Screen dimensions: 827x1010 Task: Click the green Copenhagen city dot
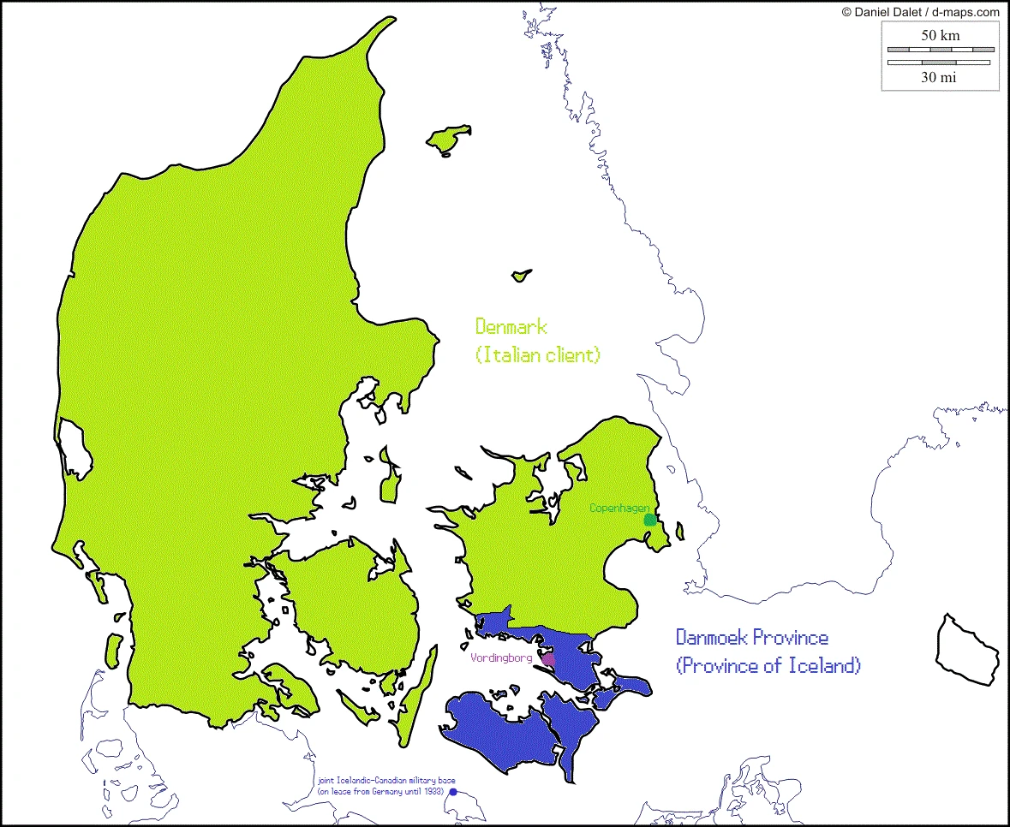pos(650,519)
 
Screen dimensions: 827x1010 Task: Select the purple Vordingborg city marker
pos(548,659)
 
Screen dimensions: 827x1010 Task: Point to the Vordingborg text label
pos(501,657)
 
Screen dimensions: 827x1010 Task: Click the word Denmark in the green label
pos(511,326)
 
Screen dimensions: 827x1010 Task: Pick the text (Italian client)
pos(537,354)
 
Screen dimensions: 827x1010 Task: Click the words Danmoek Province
pos(751,638)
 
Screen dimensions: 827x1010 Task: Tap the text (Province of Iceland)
pos(768,665)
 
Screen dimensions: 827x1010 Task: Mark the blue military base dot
pos(453,792)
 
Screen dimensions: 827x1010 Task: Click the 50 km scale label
pos(940,35)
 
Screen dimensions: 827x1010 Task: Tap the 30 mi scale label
pos(939,77)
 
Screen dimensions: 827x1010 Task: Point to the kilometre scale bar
pos(940,50)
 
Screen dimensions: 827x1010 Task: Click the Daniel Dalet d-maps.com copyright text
pos(921,11)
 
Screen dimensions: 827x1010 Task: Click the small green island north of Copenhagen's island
pos(520,276)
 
